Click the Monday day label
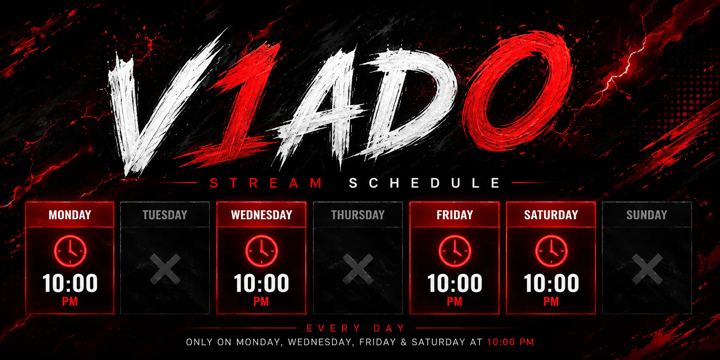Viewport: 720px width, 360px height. pyautogui.click(x=70, y=215)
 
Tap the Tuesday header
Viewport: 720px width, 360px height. pyautogui.click(x=165, y=215)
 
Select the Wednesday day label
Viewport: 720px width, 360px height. pyautogui.click(x=261, y=215)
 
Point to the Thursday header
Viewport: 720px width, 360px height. pyautogui.click(x=358, y=215)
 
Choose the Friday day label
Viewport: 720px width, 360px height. pyautogui.click(x=455, y=215)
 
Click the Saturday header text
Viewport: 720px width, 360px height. pyautogui.click(x=551, y=215)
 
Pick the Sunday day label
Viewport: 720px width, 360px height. pyautogui.click(x=647, y=215)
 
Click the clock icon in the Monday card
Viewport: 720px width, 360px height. pyautogui.click(x=70, y=251)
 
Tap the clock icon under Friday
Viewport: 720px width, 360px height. pyautogui.click(x=455, y=251)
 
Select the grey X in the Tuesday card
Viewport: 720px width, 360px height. pyautogui.click(x=165, y=269)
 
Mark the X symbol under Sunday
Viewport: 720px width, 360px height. pyautogui.click(x=647, y=269)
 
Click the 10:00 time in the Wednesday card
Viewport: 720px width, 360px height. pyautogui.click(x=261, y=283)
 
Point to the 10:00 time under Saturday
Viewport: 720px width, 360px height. pyautogui.click(x=551, y=283)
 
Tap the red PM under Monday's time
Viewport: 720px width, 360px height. pyautogui.click(x=70, y=302)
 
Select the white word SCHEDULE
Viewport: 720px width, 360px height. pyautogui.click(x=425, y=183)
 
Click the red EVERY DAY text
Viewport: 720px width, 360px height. pyautogui.click(x=356, y=328)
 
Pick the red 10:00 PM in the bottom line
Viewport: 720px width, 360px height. pyautogui.click(x=511, y=342)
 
